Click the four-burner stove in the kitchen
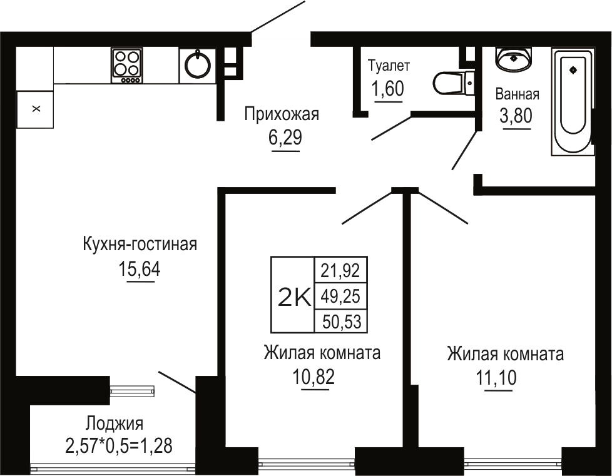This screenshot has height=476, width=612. (127, 65)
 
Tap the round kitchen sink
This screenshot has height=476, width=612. (198, 65)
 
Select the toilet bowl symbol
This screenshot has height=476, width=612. (453, 83)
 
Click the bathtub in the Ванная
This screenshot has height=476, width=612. (573, 101)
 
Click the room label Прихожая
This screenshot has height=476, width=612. (282, 114)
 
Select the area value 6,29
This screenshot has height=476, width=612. (285, 138)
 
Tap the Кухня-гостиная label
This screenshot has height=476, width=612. (140, 245)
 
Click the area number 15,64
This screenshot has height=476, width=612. (140, 269)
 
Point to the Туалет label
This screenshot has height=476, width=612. (389, 66)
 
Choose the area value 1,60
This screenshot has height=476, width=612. (388, 89)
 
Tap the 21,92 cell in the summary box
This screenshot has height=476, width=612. (340, 270)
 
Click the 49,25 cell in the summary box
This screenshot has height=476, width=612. (340, 296)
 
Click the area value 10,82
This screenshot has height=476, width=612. (314, 377)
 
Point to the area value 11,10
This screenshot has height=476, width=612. (496, 378)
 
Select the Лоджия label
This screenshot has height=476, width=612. (115, 423)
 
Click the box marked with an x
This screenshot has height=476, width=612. (36, 109)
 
